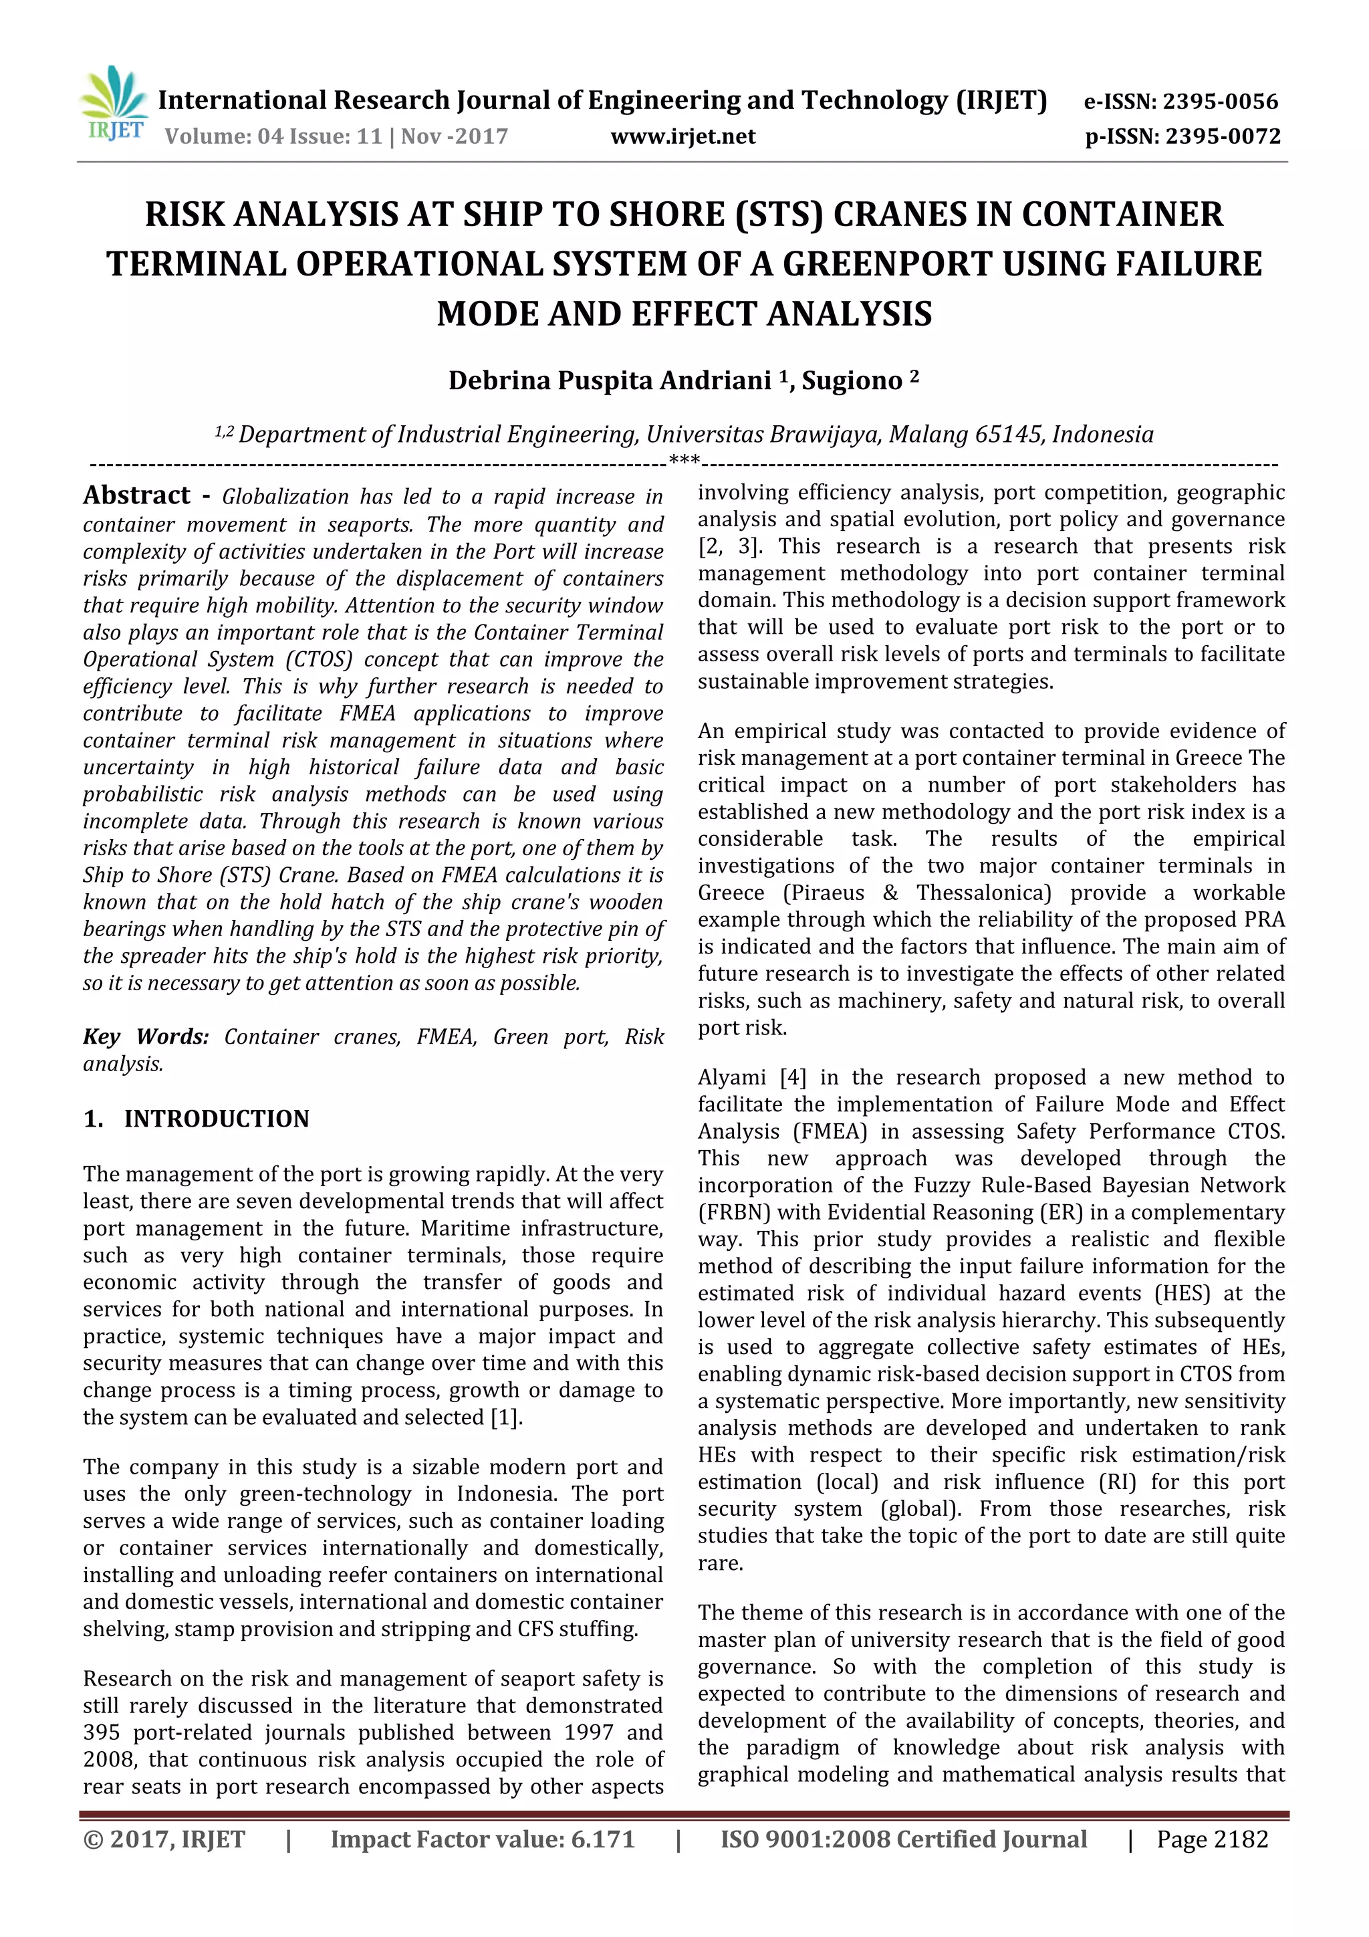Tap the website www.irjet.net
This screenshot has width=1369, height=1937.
tap(682, 136)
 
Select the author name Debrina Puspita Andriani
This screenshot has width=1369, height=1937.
tap(609, 380)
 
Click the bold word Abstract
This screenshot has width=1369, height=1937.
tap(136, 495)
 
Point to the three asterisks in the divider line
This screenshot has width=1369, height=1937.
tap(683, 461)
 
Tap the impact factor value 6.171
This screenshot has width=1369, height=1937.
tap(602, 1839)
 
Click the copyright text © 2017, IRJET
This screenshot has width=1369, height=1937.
tap(164, 1839)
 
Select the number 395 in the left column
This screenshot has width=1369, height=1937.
tap(101, 1732)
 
